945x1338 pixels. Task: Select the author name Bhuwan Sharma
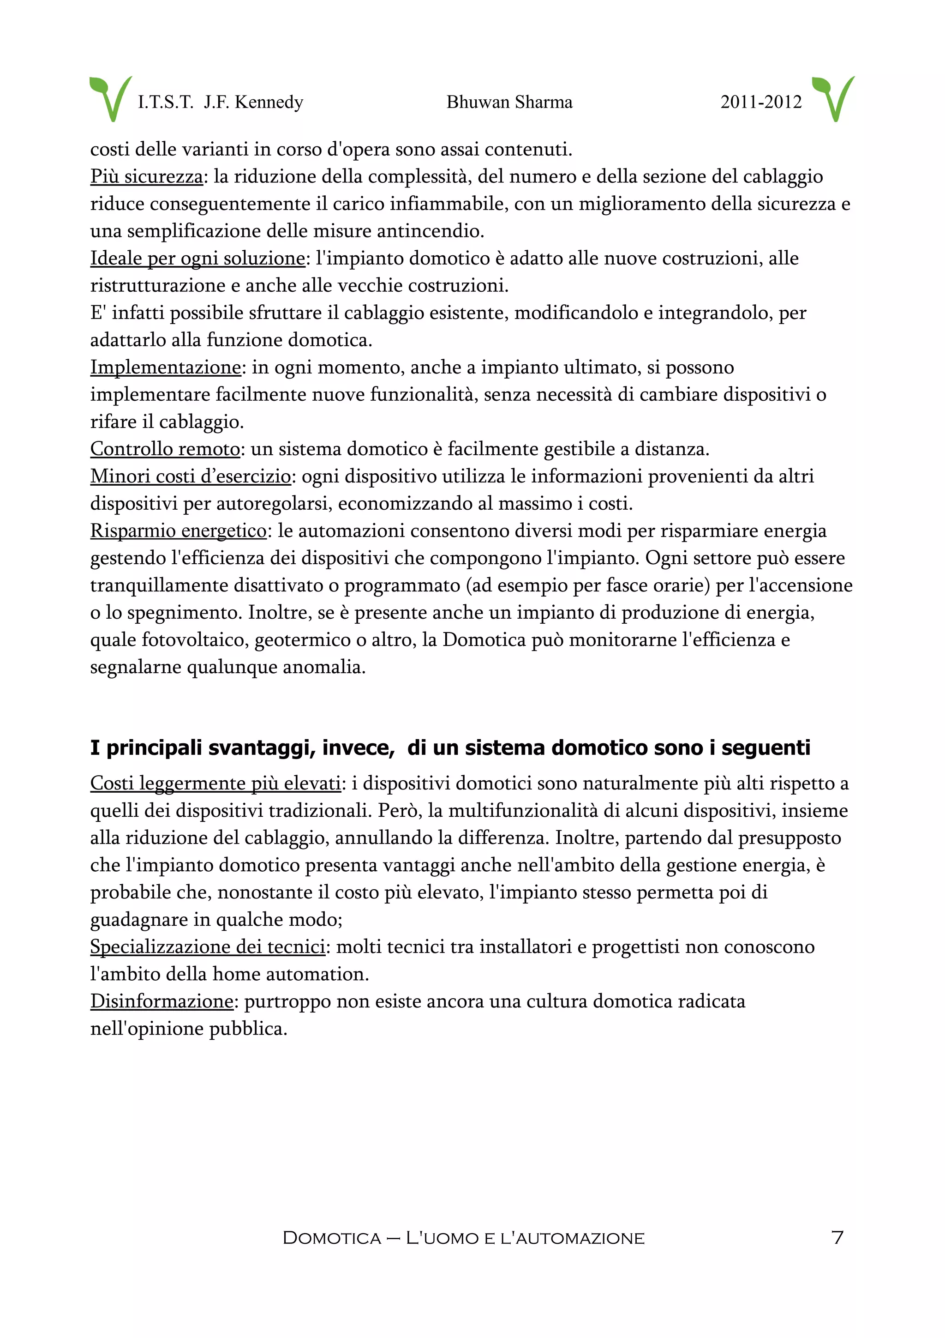(x=509, y=102)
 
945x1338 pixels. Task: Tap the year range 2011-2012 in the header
(x=760, y=102)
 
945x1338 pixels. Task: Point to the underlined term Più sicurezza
(x=146, y=176)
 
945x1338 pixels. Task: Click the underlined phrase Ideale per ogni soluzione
(x=197, y=258)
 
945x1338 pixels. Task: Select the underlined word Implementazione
(x=165, y=367)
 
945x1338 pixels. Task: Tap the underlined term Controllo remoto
(x=165, y=449)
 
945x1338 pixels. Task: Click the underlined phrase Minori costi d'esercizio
(x=191, y=476)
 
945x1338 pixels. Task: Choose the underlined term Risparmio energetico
(x=178, y=531)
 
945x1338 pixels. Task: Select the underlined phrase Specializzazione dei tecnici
(x=207, y=947)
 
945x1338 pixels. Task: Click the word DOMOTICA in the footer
(x=332, y=1238)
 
